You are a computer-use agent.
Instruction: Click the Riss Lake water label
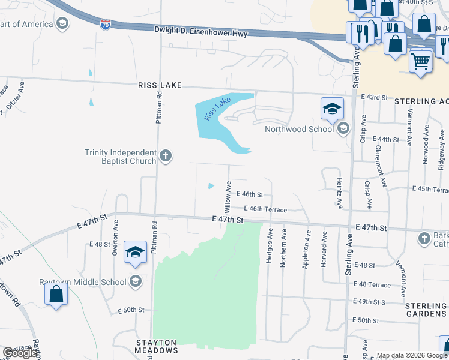point(217,108)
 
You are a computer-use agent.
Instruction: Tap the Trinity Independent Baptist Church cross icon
point(166,157)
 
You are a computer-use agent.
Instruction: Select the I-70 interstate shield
point(105,26)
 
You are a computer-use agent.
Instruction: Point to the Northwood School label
point(299,129)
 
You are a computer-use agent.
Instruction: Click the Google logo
point(20,353)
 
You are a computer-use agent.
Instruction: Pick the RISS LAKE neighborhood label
point(161,86)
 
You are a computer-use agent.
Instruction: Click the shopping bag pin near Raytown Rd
point(56,295)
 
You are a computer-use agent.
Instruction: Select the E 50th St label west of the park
point(131,310)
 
